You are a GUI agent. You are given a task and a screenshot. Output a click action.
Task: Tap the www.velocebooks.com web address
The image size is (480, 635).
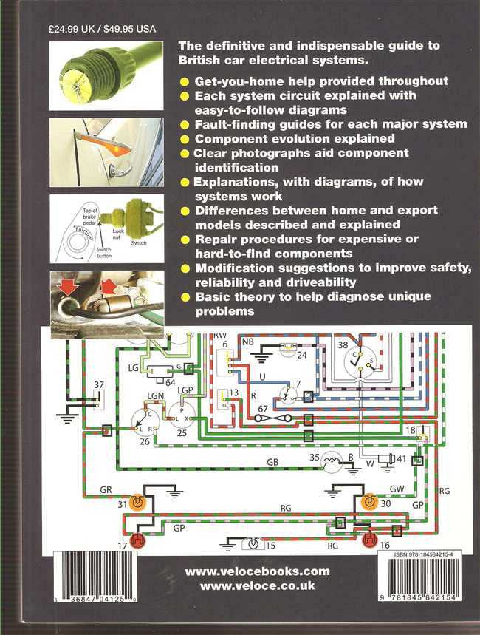(x=257, y=571)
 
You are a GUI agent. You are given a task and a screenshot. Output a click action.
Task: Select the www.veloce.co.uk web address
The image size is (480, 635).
(x=257, y=585)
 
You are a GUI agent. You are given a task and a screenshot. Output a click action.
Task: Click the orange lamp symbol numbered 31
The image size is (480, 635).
(x=137, y=502)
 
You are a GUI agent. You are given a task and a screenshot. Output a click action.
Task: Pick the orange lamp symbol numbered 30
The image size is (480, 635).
(x=369, y=502)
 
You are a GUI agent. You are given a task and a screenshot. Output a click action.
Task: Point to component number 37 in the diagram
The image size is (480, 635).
(x=97, y=384)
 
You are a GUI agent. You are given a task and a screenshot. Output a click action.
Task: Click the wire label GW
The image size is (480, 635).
(x=397, y=489)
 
